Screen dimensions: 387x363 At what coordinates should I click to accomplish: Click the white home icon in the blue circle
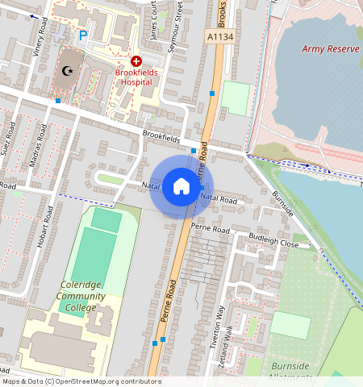point(181,187)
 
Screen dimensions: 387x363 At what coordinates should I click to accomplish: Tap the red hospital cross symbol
point(136,61)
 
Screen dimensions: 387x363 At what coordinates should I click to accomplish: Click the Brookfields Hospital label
point(136,77)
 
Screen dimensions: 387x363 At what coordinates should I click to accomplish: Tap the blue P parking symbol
point(82,35)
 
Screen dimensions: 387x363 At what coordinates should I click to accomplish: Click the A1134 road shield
point(220,36)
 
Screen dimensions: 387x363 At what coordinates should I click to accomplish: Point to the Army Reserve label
point(330,49)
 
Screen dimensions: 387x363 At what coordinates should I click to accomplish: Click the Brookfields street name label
point(161,135)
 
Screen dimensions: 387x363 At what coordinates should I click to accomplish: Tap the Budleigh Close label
point(273,242)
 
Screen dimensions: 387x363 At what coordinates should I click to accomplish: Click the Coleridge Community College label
point(81,296)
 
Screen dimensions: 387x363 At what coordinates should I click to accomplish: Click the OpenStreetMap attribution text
point(81,381)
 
